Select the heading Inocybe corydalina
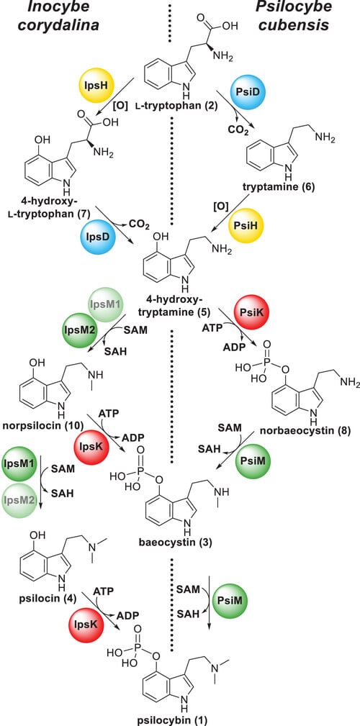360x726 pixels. coord(58,17)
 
